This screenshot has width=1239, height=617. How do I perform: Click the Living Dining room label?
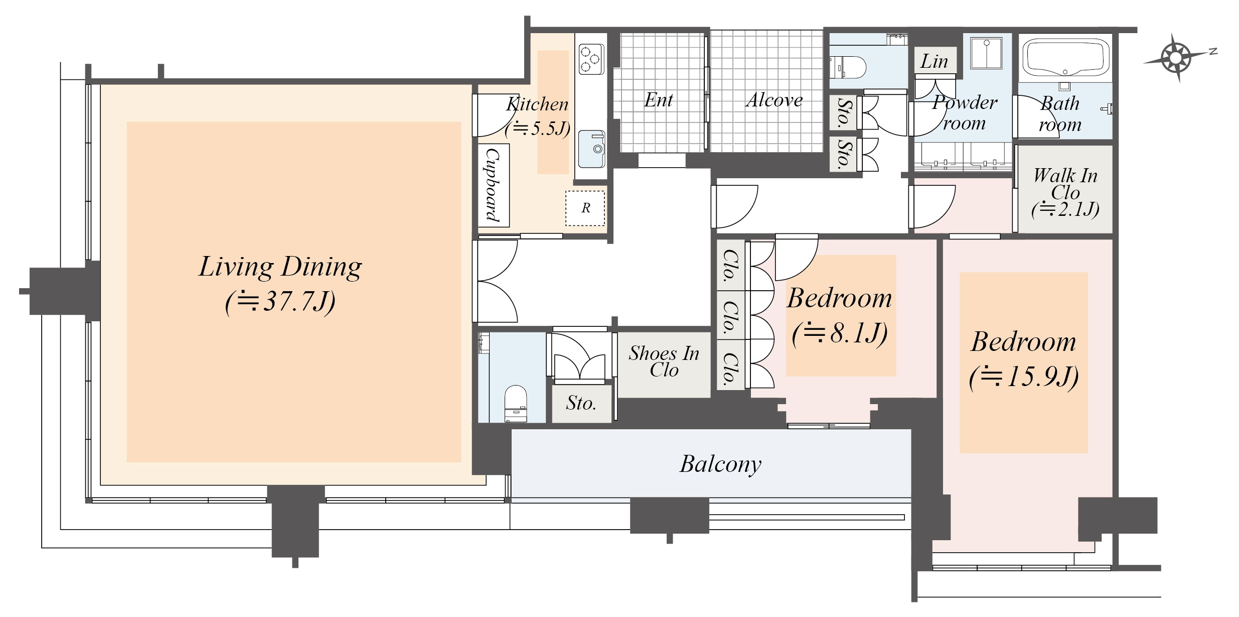coord(280,267)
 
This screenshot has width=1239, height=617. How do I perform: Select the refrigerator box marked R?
coord(585,208)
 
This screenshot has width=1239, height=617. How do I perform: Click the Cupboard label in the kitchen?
coord(494,185)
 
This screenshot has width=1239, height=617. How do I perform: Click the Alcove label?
coord(774,100)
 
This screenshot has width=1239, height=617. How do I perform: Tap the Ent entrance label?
coord(659,100)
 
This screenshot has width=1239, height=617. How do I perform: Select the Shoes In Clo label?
coord(664,361)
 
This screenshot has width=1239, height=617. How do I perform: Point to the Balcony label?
coord(721,464)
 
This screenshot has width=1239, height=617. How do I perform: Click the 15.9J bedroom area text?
coord(1024,377)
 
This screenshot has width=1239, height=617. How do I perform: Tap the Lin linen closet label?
coord(934,61)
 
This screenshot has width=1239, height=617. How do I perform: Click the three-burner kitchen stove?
coord(591,59)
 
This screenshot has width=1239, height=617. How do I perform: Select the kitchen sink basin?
coord(592,149)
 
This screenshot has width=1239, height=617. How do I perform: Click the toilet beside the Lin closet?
coord(848,67)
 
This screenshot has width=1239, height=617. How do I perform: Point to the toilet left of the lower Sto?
coord(515,404)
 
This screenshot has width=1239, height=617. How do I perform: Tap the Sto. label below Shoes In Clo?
coord(581,403)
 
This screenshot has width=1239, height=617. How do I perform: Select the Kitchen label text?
coord(537,104)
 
